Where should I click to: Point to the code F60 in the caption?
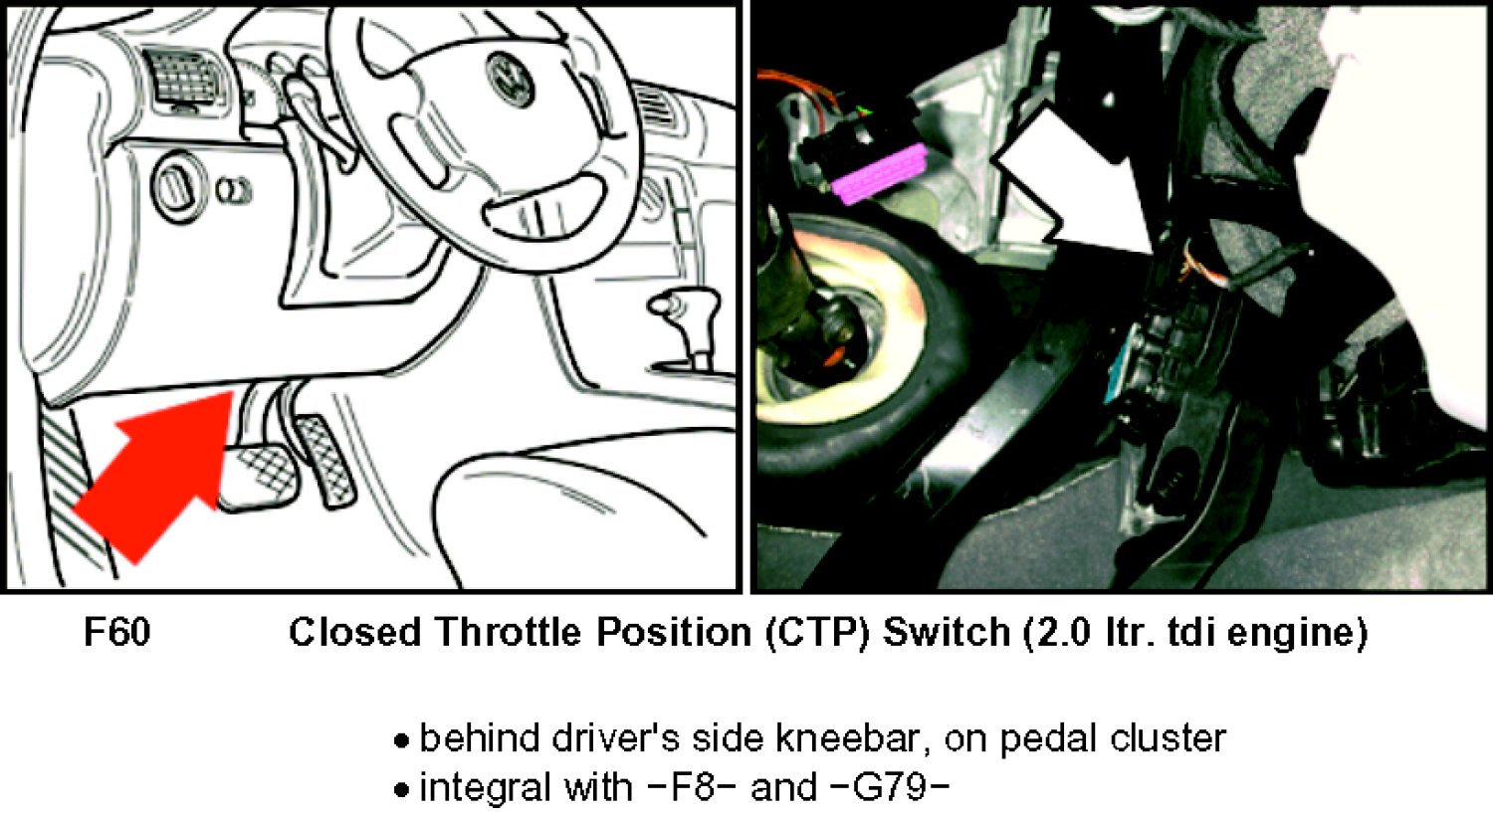117,632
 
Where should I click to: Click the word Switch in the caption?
948,632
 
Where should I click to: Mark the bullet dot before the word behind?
400,741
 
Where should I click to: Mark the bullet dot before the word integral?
400,790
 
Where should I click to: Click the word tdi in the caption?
1192,632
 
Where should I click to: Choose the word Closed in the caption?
354,632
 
